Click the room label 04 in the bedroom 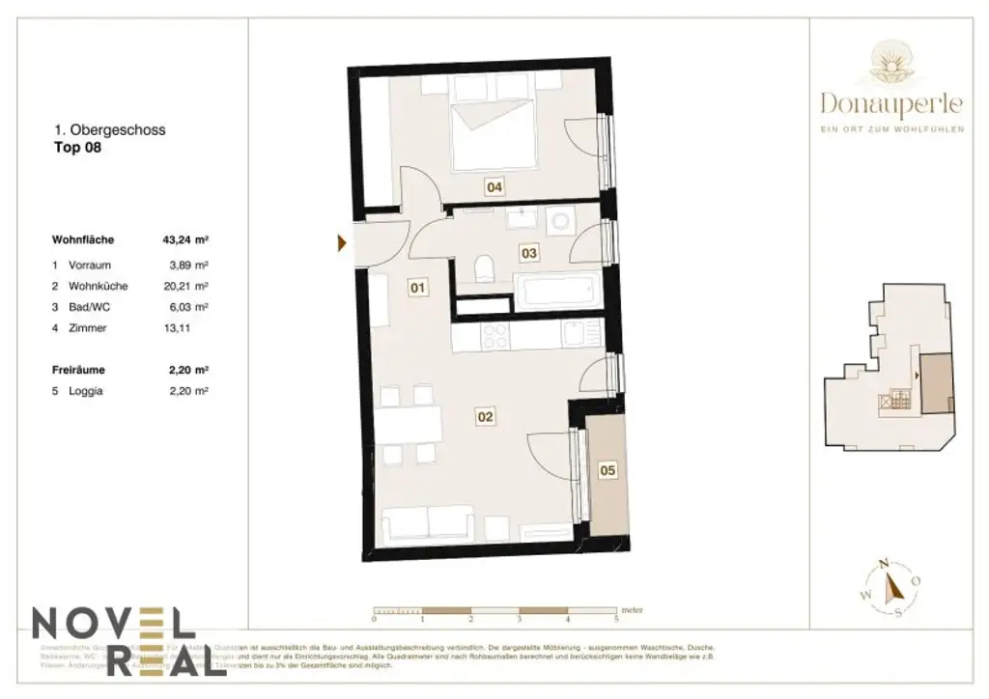[494, 187]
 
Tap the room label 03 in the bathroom [528, 254]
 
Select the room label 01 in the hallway [416, 287]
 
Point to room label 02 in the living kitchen [485, 417]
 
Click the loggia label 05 [607, 471]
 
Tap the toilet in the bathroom [486, 266]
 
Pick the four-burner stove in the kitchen [495, 337]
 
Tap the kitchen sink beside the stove [574, 336]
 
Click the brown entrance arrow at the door [342, 243]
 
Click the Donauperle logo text [891, 101]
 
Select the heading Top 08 [77, 149]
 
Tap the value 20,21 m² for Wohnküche [186, 286]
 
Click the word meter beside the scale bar [633, 611]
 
